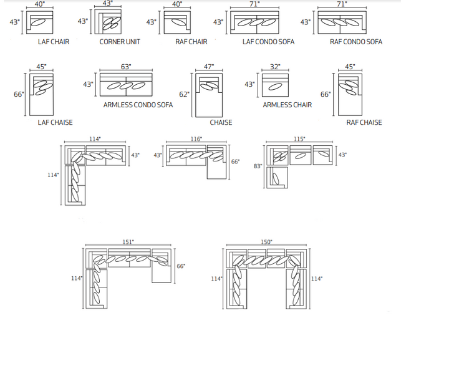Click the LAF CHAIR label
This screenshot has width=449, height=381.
coord(54,42)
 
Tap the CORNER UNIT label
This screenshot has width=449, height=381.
coord(120,42)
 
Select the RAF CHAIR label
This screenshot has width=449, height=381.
coord(191,42)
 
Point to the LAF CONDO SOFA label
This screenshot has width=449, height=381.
coord(268,42)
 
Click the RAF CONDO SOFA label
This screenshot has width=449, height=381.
coord(356,42)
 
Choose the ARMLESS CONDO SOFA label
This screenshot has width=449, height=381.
coord(138,105)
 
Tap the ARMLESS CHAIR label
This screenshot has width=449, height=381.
coord(287,105)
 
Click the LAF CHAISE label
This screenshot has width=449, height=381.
coord(55,122)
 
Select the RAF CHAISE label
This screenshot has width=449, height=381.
coord(364,122)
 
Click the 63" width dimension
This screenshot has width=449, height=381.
coord(126,67)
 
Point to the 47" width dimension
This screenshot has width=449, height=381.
coord(209,67)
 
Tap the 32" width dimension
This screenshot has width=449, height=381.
coord(275,67)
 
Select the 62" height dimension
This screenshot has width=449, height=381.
coord(184,94)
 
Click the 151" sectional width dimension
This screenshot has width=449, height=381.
coord(128,242)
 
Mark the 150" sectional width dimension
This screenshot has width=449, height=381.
coord(266,242)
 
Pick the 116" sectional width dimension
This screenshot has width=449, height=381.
coord(196,139)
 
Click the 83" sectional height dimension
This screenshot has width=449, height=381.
coord(258,166)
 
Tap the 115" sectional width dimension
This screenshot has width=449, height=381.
coord(299,139)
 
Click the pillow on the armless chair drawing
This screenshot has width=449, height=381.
coord(274,87)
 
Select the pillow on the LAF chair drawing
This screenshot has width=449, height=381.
coord(38,22)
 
